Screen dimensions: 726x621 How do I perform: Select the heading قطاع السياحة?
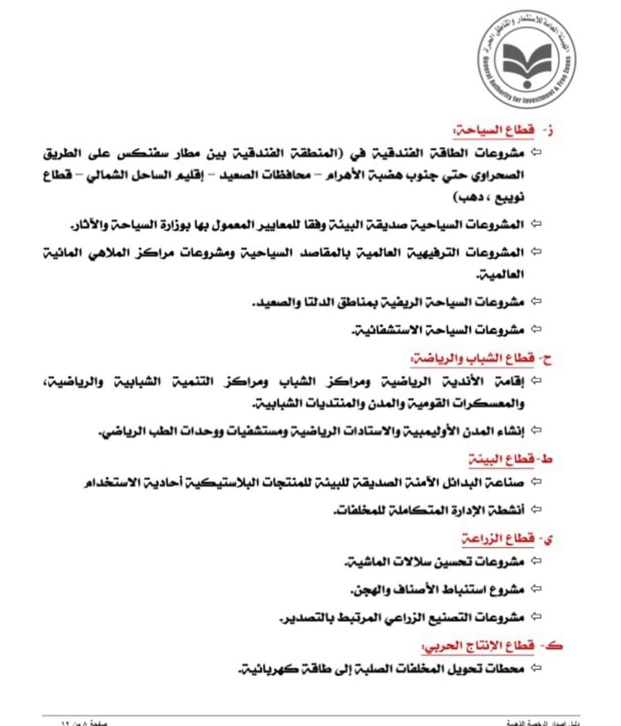pyautogui.click(x=494, y=130)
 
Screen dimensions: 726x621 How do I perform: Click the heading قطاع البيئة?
pyautogui.click(x=501, y=459)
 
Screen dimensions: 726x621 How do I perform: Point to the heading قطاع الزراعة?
pyautogui.click(x=498, y=538)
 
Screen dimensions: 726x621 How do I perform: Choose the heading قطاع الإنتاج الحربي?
pyautogui.click(x=479, y=645)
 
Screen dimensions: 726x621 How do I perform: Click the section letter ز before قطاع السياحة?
pyautogui.click(x=549, y=131)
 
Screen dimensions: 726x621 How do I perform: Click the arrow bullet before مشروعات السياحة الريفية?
pyautogui.click(x=536, y=301)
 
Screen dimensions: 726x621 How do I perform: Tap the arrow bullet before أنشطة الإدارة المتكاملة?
pyautogui.click(x=536, y=509)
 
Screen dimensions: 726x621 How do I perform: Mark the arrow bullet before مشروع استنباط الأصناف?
pyautogui.click(x=536, y=589)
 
